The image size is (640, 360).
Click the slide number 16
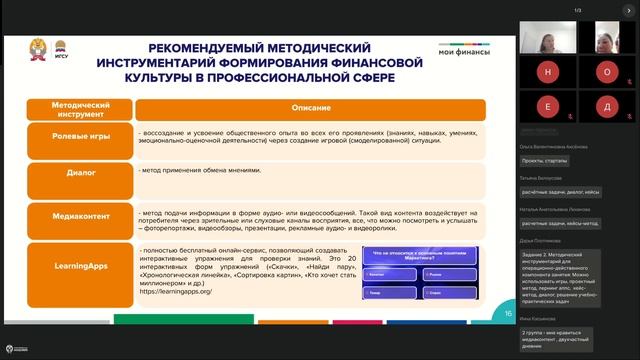(507, 313)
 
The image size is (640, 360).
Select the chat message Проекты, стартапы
(544, 160)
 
